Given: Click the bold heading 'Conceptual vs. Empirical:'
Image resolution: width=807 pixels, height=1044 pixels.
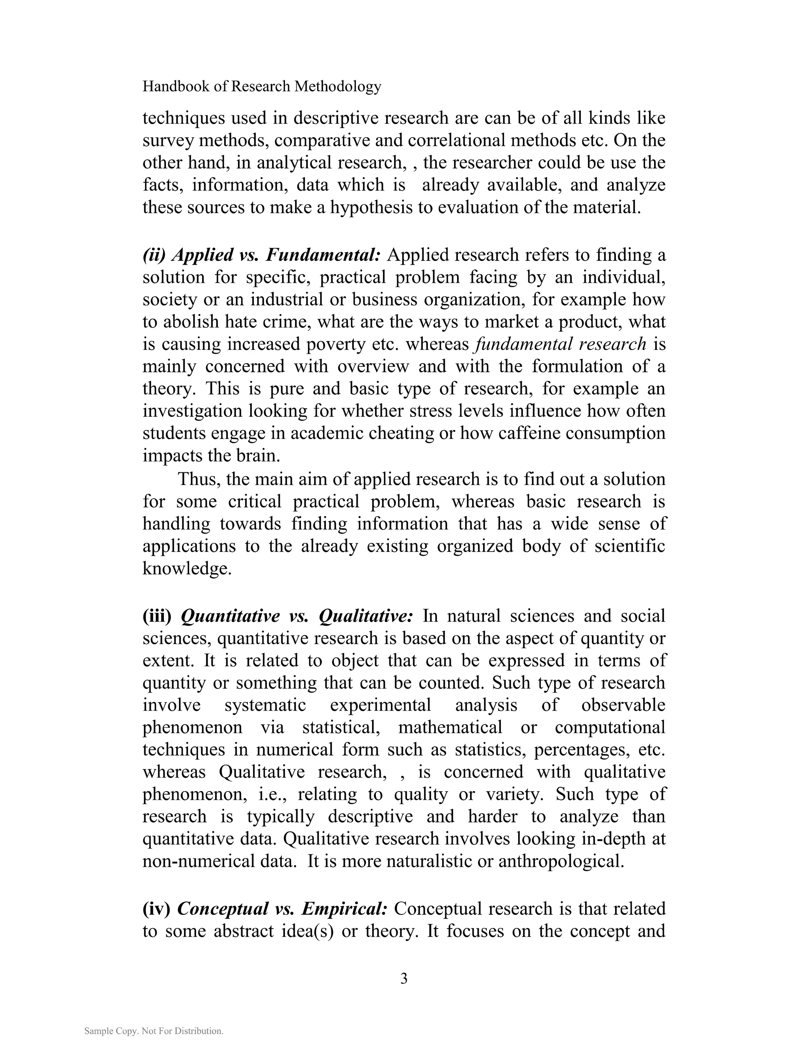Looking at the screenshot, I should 282,908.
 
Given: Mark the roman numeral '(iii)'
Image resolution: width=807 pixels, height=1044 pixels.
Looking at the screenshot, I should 157,616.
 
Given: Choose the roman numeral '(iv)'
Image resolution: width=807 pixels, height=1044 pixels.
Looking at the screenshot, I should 156,908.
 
